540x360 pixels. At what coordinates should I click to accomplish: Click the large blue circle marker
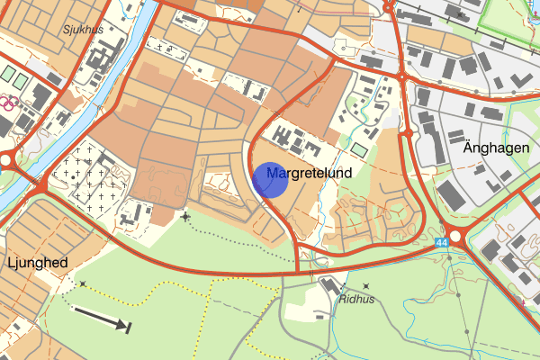pos(270,179)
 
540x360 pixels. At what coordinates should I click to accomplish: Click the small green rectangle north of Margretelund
pos(359,148)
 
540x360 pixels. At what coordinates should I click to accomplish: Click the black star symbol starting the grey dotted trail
pos(185,216)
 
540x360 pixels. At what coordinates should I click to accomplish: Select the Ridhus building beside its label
pos(328,287)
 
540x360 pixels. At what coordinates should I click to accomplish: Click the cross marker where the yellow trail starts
pos(83,284)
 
